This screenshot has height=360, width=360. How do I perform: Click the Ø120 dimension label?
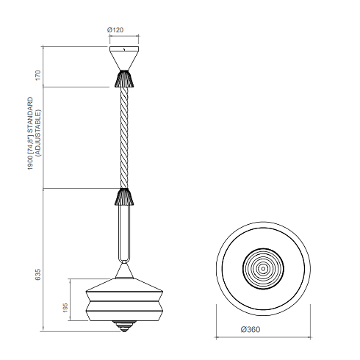click(115, 30)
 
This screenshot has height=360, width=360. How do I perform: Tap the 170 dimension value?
click(37, 75)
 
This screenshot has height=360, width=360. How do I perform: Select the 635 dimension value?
click(37, 275)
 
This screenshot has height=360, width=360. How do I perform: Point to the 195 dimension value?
click(65, 308)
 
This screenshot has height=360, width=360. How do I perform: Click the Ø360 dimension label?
click(251, 329)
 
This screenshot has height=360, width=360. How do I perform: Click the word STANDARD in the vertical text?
click(30, 115)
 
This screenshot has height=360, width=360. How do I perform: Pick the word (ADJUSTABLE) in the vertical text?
click(38, 133)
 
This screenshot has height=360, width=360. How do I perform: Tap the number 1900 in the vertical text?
click(30, 163)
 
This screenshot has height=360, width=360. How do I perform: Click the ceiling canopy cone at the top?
click(124, 58)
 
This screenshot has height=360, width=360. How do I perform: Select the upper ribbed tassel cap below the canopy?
click(124, 79)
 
